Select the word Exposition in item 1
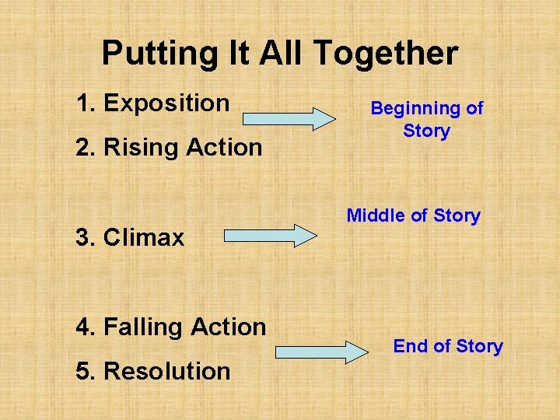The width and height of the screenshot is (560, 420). (166, 103)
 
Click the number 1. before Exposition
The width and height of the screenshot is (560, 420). (87, 103)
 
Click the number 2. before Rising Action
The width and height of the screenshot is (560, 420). (87, 147)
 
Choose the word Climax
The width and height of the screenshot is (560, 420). (144, 237)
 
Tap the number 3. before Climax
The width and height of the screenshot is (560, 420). (87, 237)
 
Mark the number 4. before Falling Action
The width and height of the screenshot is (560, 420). (87, 327)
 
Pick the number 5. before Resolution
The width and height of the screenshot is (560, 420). (87, 372)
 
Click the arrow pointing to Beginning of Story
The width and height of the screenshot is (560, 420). (288, 118)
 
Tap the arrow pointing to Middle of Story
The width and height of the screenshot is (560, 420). (270, 236)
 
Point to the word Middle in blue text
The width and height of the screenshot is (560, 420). (370, 215)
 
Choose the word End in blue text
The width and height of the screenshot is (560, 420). (409, 346)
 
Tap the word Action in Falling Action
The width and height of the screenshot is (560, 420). (229, 327)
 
